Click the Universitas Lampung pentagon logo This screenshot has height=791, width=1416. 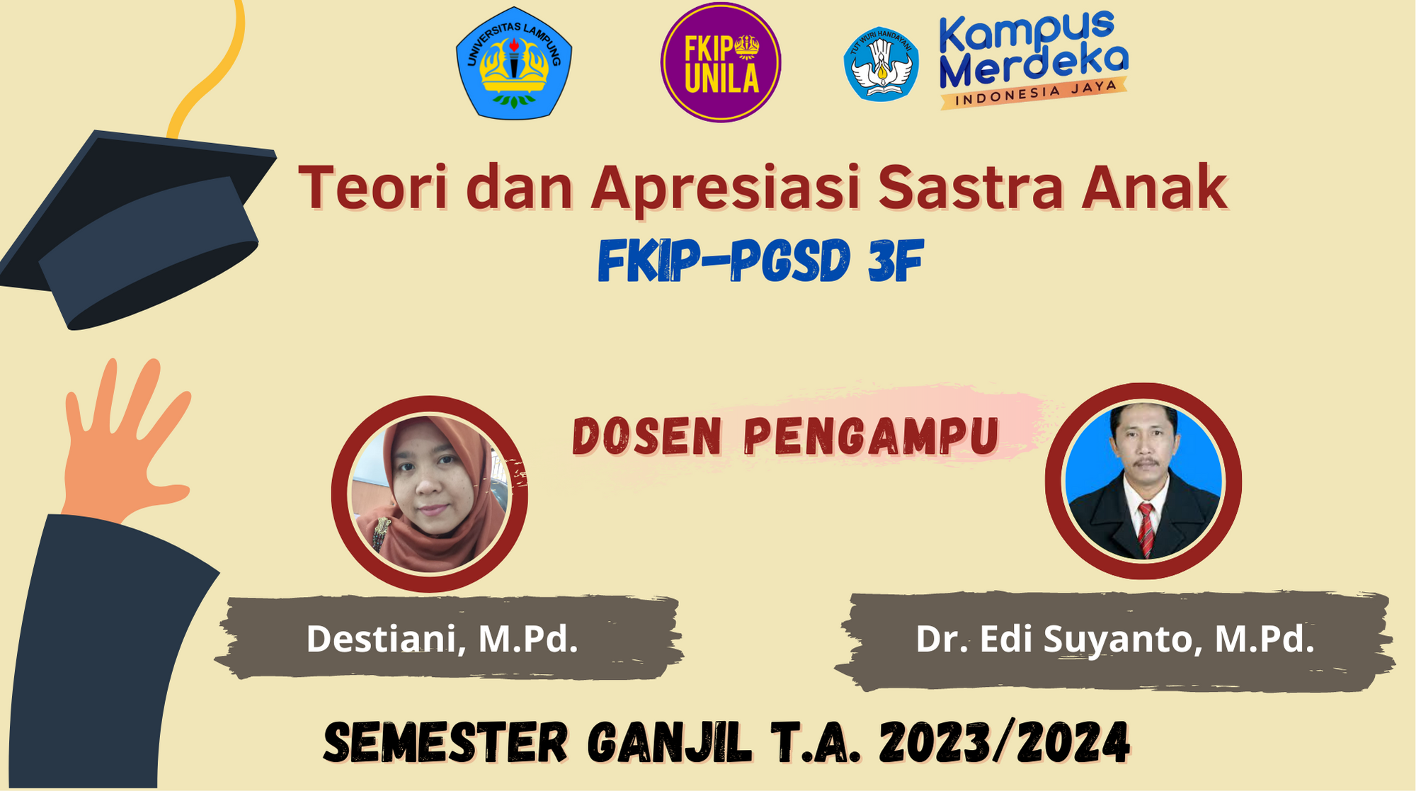point(514,62)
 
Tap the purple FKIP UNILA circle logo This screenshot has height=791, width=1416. point(721,62)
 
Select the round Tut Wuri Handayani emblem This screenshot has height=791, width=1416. point(881,64)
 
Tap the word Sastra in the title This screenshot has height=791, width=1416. point(971,188)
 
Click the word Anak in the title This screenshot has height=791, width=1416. point(1154,188)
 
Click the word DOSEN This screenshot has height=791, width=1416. point(647,436)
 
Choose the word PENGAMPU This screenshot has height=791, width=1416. point(872,436)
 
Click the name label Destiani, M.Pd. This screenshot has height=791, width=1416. point(442,639)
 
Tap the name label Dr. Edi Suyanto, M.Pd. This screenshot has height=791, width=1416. point(1115,639)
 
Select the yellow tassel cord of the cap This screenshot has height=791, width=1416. point(209,67)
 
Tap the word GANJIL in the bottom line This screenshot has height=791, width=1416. point(669,743)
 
